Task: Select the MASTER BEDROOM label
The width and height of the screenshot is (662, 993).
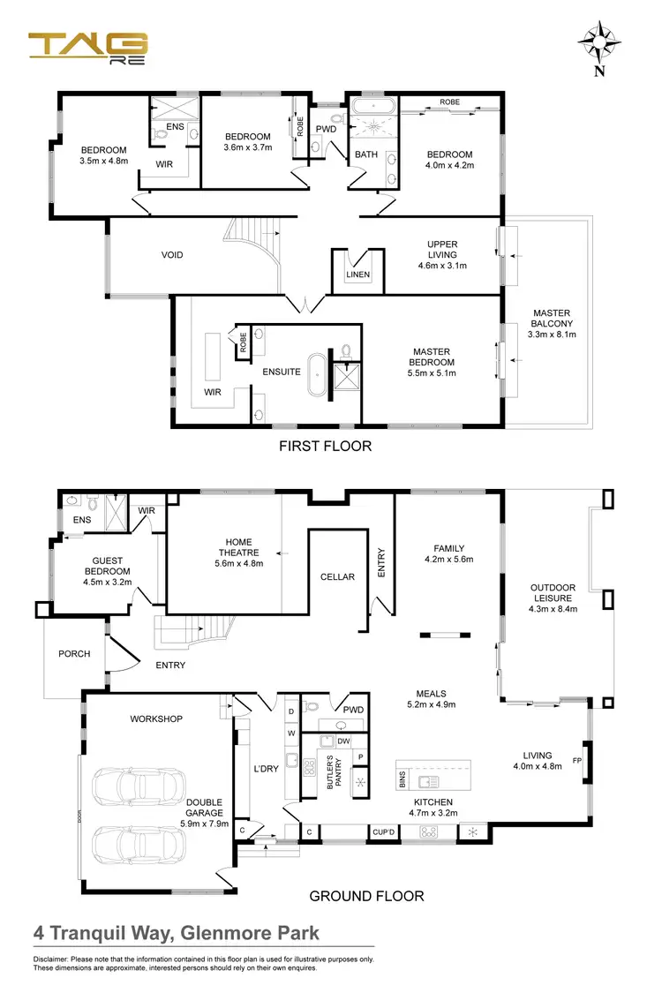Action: pyautogui.click(x=433, y=357)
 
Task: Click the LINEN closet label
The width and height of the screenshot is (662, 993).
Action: pyautogui.click(x=358, y=275)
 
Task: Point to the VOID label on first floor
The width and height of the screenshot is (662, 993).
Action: pyautogui.click(x=172, y=255)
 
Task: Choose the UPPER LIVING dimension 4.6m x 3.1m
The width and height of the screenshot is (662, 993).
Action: pyautogui.click(x=442, y=265)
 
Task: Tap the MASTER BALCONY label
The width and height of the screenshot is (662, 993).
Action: pyautogui.click(x=552, y=324)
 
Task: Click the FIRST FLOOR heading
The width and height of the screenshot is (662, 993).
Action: pyautogui.click(x=325, y=446)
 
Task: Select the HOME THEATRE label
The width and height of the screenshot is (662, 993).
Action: pyautogui.click(x=239, y=547)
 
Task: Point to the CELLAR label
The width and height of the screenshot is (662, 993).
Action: pyautogui.click(x=337, y=576)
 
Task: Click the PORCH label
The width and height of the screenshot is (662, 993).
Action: pyautogui.click(x=74, y=654)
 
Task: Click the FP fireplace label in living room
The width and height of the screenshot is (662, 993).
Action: pyautogui.click(x=577, y=760)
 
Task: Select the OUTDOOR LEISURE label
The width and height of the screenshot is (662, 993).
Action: pyautogui.click(x=553, y=593)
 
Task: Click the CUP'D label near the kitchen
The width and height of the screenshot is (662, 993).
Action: pyautogui.click(x=383, y=831)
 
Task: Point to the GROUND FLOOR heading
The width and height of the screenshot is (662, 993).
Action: pyautogui.click(x=366, y=896)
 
